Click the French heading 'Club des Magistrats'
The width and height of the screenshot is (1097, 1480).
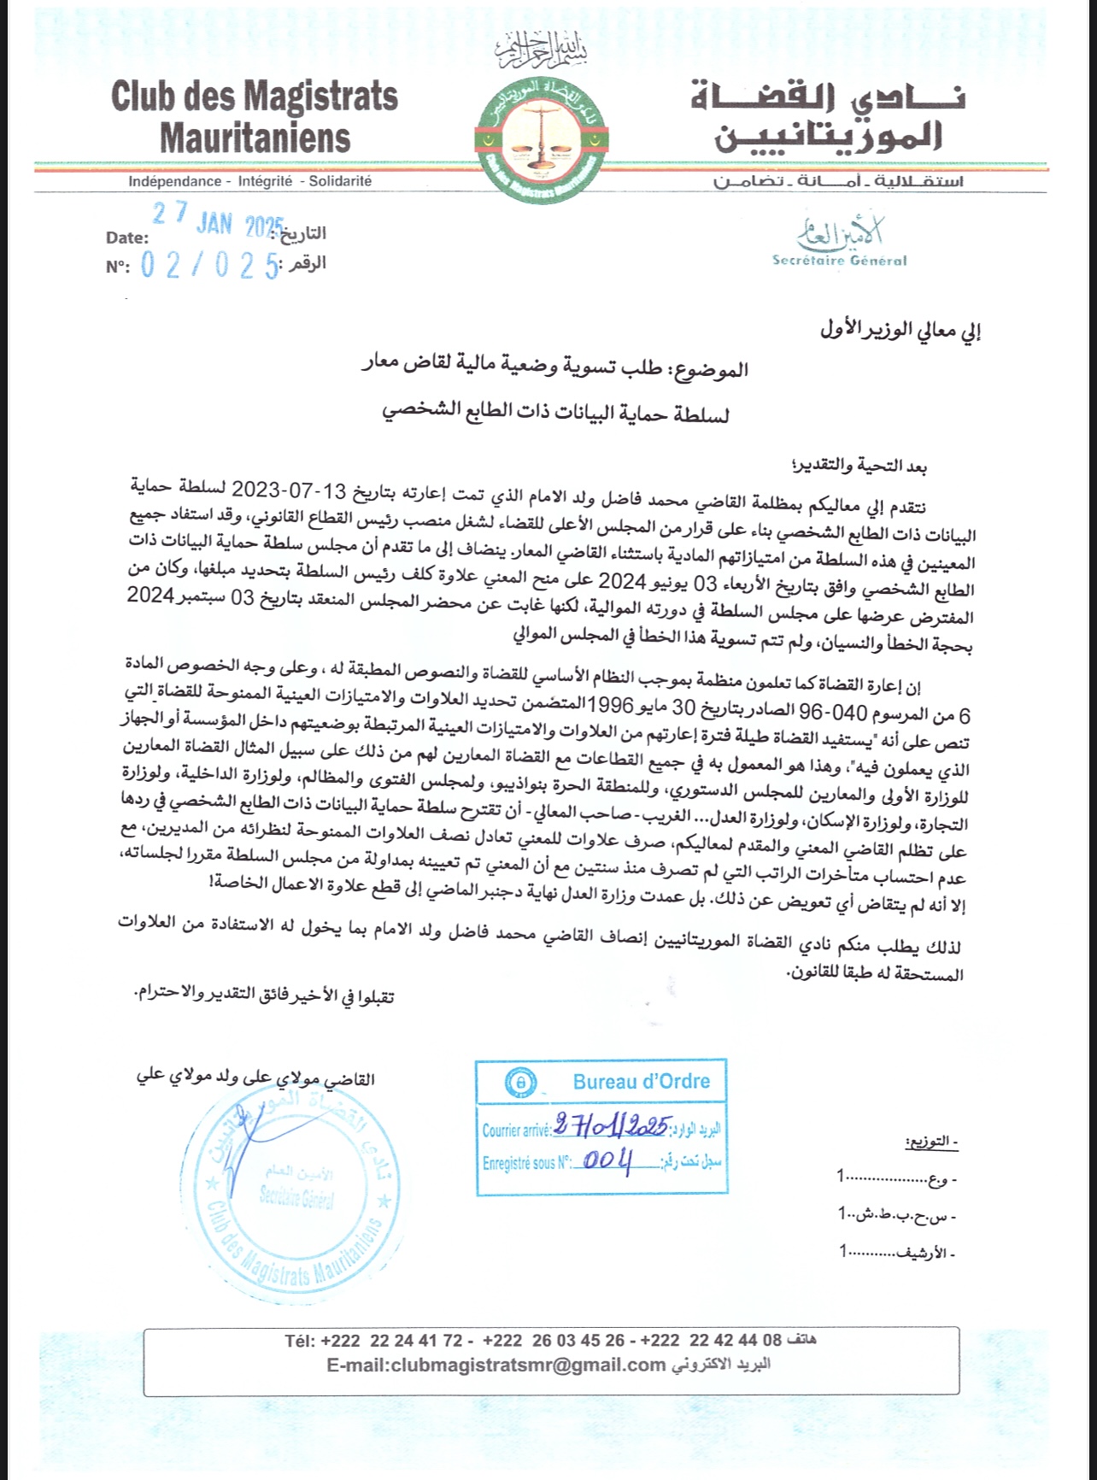255,97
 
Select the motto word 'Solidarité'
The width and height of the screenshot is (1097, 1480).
340,181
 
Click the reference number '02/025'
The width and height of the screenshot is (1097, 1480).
210,267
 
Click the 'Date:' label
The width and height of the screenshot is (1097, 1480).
126,238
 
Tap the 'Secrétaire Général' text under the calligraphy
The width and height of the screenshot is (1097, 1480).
839,261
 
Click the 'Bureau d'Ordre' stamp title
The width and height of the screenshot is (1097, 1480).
642,1082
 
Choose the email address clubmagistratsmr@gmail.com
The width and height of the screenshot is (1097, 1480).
496,1365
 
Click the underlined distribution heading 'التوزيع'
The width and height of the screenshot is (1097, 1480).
931,1142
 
